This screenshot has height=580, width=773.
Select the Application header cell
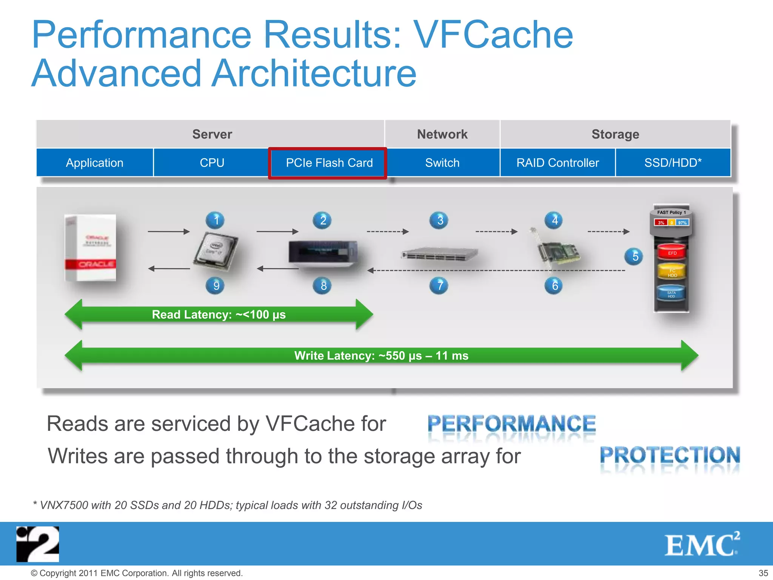tap(94, 163)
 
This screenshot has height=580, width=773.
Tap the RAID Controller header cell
tap(557, 163)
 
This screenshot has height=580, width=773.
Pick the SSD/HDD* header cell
tap(673, 163)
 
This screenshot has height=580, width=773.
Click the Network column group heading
tap(442, 134)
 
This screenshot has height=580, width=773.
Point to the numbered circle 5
tap(635, 257)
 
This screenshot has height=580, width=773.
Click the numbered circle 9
tap(216, 285)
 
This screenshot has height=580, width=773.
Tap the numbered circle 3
tap(439, 220)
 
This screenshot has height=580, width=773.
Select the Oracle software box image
tap(91, 248)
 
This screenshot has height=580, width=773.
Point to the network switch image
tap(439, 254)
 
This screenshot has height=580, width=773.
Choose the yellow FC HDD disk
tap(672, 272)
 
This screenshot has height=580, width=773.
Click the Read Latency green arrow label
tap(219, 315)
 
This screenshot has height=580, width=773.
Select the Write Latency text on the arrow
tap(381, 356)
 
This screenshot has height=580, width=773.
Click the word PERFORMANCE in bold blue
tap(511, 424)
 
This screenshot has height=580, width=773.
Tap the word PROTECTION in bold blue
tap(670, 455)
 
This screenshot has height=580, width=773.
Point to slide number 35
tap(763, 573)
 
